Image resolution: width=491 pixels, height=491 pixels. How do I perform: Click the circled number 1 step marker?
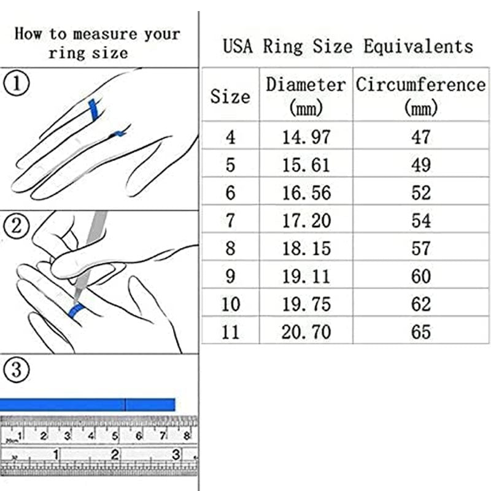click(17, 83)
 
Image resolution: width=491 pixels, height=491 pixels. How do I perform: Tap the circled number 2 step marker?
click(17, 226)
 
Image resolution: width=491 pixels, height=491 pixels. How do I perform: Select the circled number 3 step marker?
click(17, 369)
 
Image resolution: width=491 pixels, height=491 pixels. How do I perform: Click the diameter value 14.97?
click(306, 137)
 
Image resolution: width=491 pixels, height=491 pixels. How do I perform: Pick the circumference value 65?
click(421, 332)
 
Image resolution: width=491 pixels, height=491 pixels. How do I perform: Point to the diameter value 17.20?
click(306, 220)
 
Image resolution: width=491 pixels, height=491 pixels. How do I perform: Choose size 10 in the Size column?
click(231, 304)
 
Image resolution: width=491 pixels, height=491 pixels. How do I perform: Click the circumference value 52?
click(421, 193)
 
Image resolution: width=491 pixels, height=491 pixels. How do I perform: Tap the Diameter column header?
click(306, 96)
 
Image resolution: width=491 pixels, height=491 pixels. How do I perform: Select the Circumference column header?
click(420, 96)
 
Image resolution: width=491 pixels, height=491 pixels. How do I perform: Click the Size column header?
click(230, 96)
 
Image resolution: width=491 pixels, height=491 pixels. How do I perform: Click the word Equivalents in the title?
click(418, 47)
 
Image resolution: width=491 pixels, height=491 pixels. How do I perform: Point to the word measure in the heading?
click(105, 34)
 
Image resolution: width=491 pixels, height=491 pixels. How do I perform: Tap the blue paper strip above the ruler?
click(87, 404)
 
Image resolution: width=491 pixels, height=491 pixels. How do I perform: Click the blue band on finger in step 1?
click(94, 110)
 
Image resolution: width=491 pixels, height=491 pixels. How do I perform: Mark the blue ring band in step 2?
click(77, 311)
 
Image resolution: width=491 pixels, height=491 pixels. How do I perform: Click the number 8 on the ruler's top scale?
click(187, 436)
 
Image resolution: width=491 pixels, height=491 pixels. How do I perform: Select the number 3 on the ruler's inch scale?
click(176, 454)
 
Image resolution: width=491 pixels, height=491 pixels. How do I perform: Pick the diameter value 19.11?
click(306, 276)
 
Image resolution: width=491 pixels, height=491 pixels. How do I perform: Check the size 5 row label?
click(231, 165)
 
